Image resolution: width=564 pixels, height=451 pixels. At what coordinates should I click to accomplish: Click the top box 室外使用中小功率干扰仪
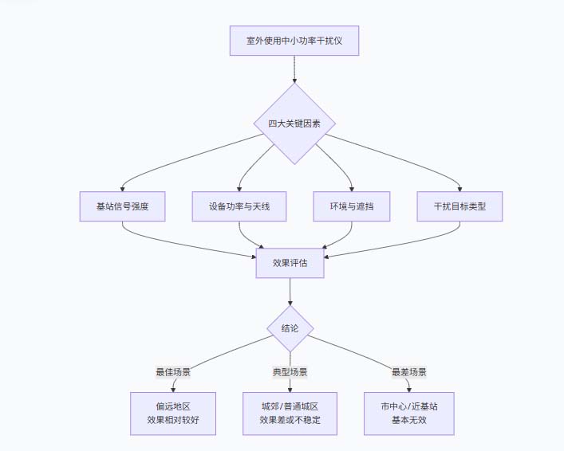pos(294,40)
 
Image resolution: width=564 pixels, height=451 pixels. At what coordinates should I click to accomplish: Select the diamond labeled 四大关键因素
pos(294,124)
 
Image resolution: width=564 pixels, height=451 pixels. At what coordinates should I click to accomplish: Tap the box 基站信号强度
pos(122,206)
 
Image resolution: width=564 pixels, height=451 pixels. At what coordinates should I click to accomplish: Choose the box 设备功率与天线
pos(239,206)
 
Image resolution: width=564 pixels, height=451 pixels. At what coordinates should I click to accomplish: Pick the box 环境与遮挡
pos(352,206)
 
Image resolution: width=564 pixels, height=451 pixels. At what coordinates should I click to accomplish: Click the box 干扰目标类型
pos(459,206)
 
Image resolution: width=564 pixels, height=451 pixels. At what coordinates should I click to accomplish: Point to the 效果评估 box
pos(290,262)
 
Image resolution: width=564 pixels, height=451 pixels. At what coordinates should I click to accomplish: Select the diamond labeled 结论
pos(290,329)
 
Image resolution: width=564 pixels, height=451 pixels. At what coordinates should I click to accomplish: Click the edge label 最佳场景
pos(173,372)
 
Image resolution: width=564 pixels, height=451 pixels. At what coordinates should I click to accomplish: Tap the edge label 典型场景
pos(290,372)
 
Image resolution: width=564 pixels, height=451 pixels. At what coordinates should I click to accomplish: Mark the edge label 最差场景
pos(408,372)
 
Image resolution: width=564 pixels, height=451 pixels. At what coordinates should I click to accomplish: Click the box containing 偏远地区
pos(173,413)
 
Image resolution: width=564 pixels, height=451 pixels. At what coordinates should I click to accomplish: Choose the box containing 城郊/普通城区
pos(290,413)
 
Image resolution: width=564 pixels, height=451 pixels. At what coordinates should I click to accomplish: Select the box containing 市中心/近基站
pos(408,413)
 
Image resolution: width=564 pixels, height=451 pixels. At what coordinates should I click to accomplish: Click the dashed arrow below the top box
pos(294,69)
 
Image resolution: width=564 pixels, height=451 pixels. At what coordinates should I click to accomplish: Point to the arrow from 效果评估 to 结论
pos(290,292)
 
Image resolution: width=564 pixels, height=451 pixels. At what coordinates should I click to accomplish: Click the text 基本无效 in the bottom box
pos(408,421)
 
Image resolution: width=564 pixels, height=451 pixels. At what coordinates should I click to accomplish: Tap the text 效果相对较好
pos(173,421)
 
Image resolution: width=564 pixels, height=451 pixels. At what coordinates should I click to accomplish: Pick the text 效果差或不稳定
pos(290,421)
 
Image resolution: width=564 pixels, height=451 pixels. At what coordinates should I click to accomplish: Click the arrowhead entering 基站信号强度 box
pos(122,188)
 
